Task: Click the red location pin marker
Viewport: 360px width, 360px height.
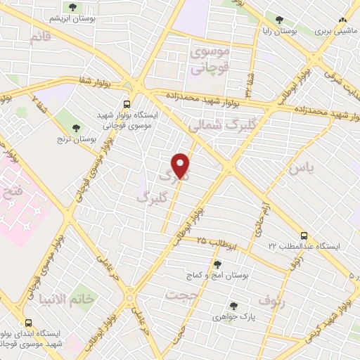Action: coord(181,166)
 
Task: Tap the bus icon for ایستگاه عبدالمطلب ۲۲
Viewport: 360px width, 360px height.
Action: coord(304,236)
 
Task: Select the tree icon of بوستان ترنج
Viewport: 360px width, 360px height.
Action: coord(75,127)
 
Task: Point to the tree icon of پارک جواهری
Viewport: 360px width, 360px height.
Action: coord(233,306)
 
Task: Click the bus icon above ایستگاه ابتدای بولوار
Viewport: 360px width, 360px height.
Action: coord(29,317)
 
